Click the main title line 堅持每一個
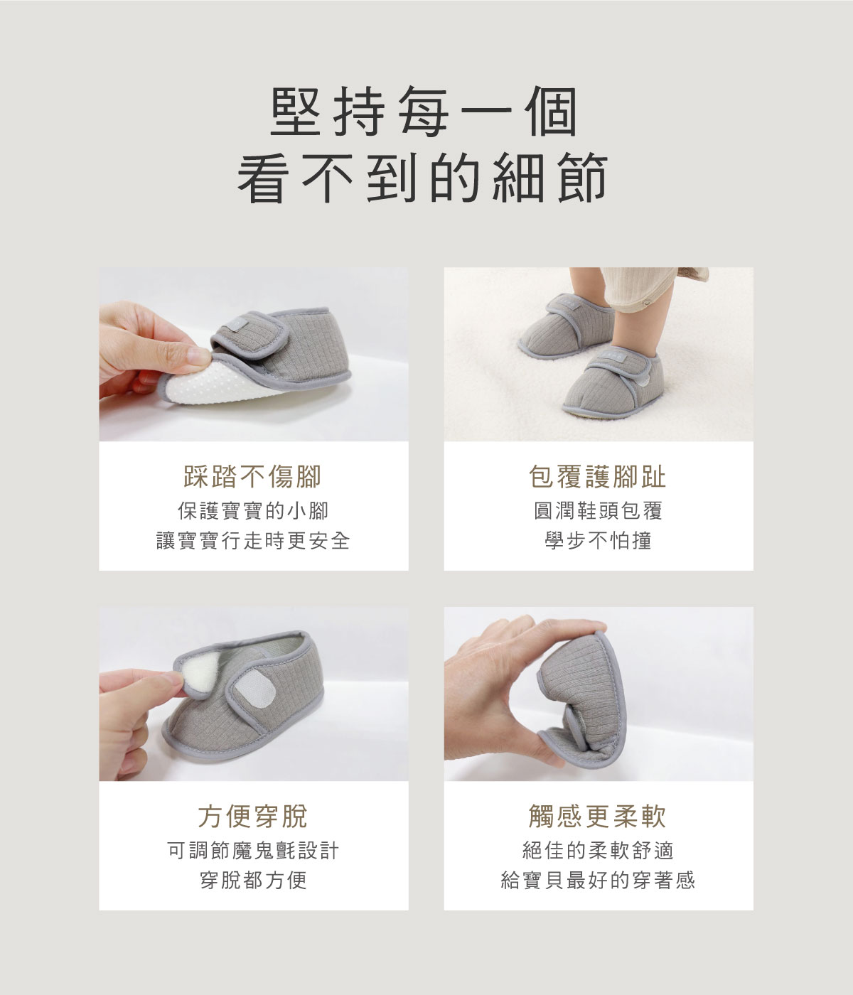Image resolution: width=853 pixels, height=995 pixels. click(425, 113)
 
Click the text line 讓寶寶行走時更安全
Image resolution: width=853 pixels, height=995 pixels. click(253, 542)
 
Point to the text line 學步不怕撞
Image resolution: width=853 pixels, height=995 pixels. click(598, 542)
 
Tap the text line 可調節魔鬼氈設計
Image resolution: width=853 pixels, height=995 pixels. click(253, 851)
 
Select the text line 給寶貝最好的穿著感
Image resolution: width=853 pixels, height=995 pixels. click(598, 881)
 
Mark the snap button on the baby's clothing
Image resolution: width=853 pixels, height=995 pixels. click(646, 303)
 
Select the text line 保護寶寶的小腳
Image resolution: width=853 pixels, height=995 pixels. click(253, 511)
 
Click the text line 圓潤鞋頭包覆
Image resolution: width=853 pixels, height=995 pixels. click(598, 511)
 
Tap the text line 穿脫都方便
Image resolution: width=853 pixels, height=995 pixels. click(253, 881)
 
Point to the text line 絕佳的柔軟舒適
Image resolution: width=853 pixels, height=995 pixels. click(598, 851)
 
